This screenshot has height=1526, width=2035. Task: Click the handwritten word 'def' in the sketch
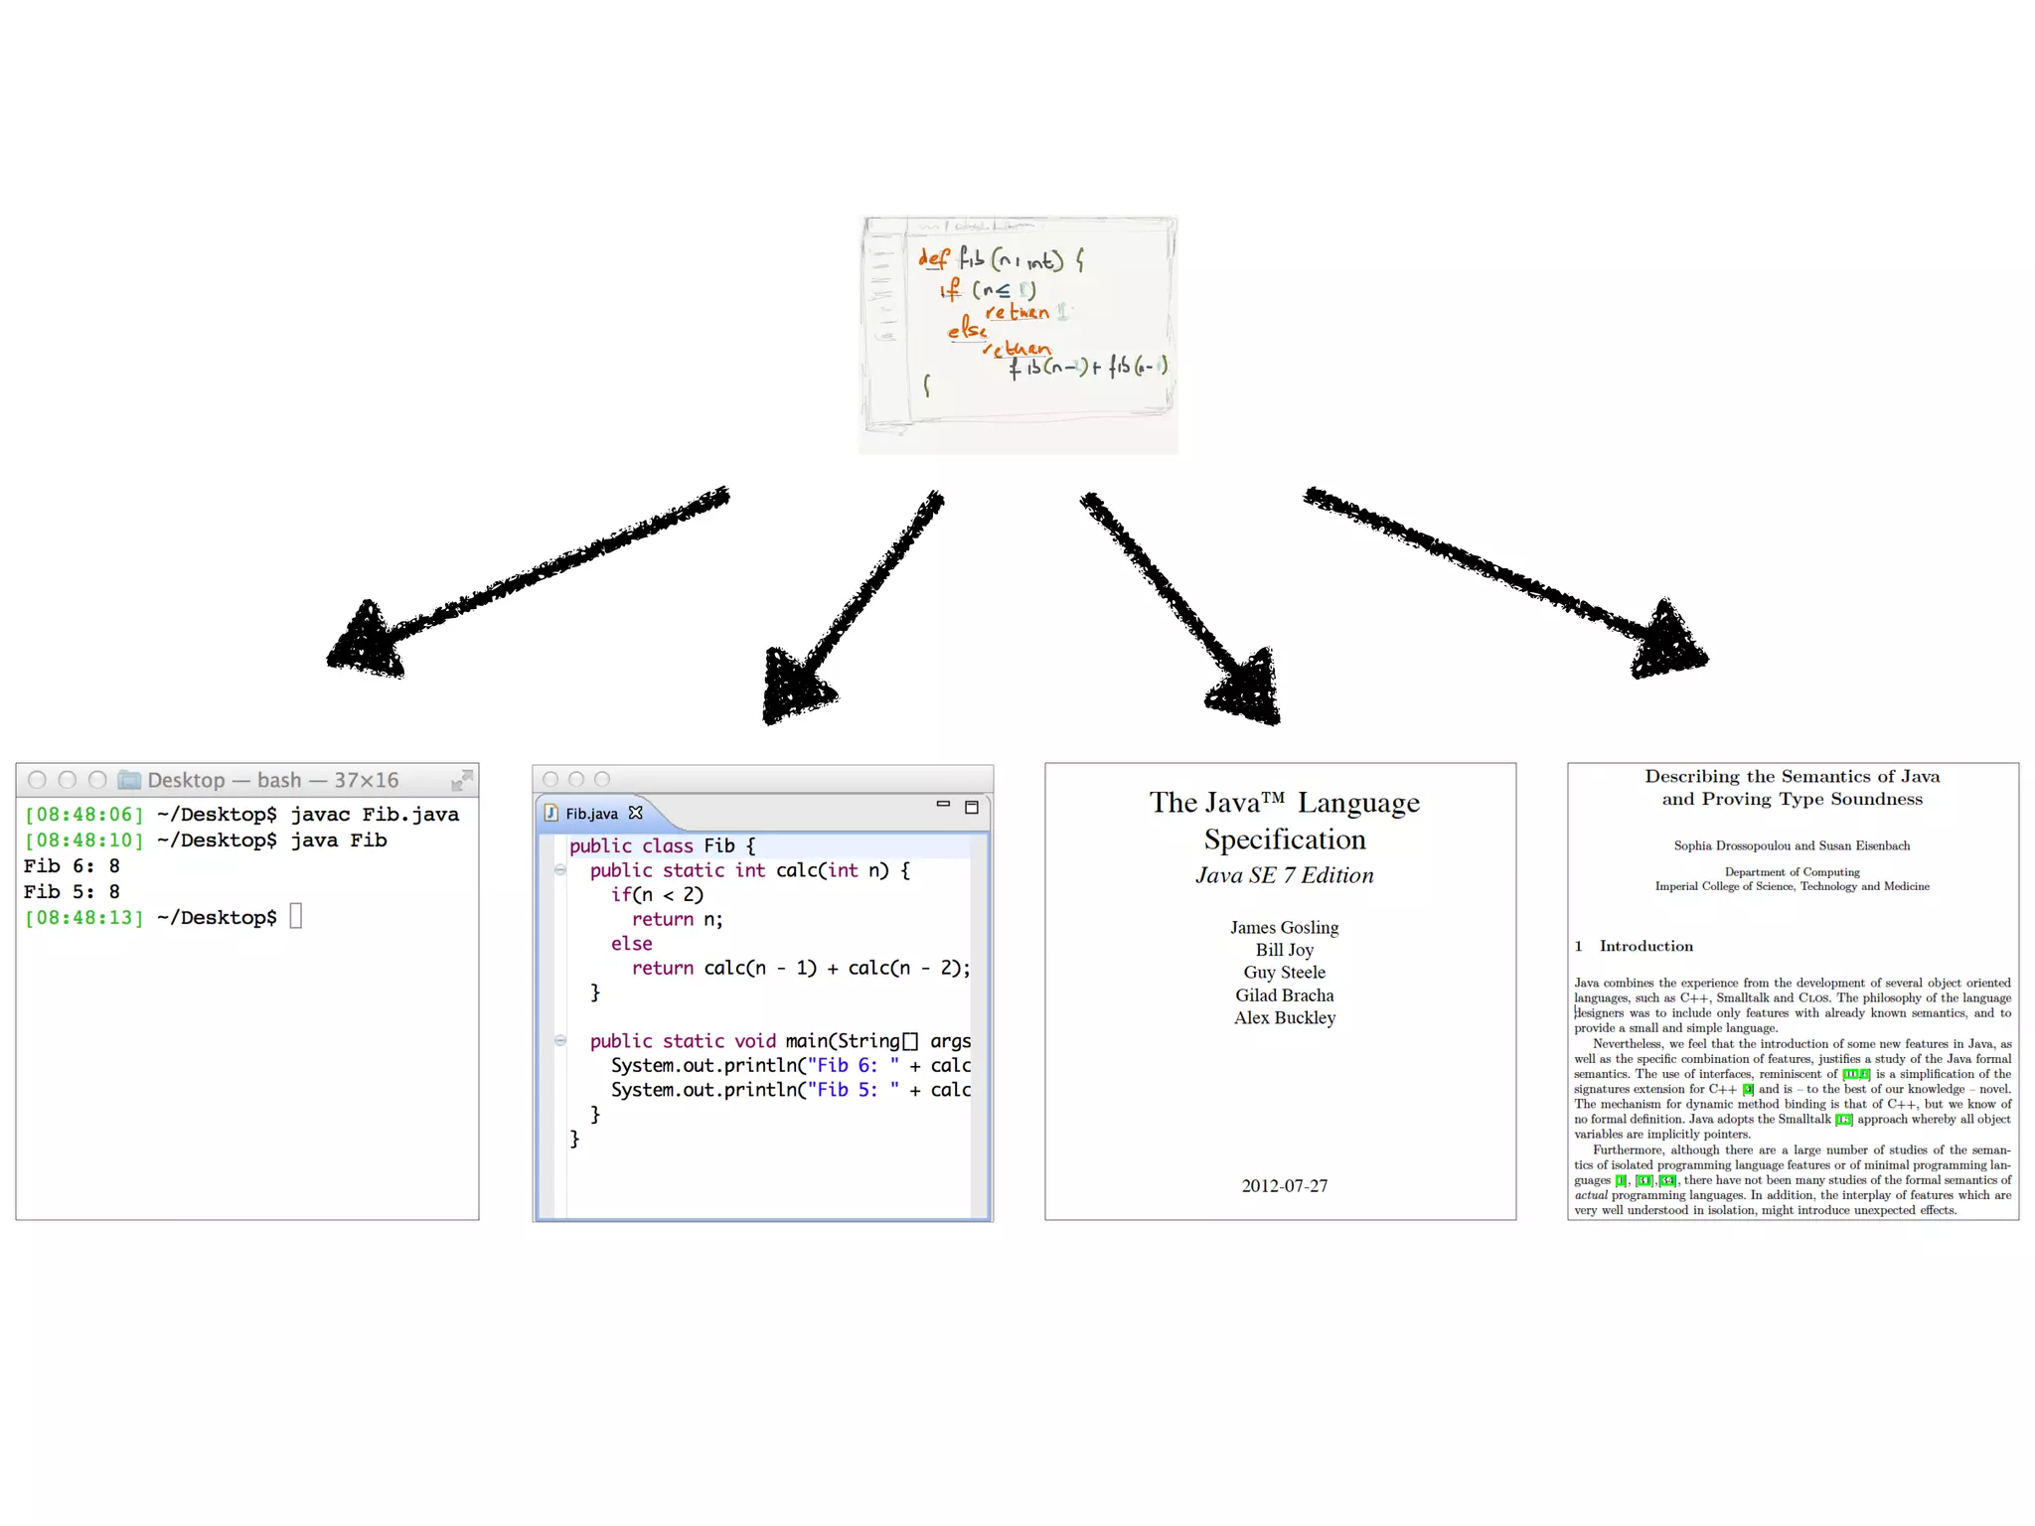tap(933, 258)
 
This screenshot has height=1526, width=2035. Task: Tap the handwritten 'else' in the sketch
tap(966, 328)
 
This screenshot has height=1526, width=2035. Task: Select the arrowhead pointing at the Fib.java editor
tap(794, 686)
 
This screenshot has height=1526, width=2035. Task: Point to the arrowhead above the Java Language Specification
tap(1247, 687)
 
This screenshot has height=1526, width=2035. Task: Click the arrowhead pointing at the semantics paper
tap(1668, 642)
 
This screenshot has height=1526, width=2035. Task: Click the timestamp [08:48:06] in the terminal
tap(84, 815)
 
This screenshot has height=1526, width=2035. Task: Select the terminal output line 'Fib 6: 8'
tap(72, 866)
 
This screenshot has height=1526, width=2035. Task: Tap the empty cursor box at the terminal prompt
tap(295, 916)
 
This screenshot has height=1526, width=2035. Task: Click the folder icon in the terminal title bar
tap(129, 780)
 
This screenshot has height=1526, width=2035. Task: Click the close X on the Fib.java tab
tap(636, 813)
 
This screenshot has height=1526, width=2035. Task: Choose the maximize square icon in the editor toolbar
tap(972, 807)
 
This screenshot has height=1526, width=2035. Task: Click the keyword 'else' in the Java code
tap(632, 944)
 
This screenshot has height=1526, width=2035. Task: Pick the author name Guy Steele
tap(1284, 973)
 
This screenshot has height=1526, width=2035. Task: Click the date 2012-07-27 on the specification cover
tap(1284, 1185)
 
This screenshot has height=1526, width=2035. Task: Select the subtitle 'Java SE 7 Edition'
tap(1284, 875)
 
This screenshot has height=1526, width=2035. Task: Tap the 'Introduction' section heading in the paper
tap(1645, 946)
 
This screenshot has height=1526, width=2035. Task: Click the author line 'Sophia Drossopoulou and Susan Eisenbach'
tap(1792, 845)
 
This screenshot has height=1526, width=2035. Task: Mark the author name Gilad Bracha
tap(1284, 995)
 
